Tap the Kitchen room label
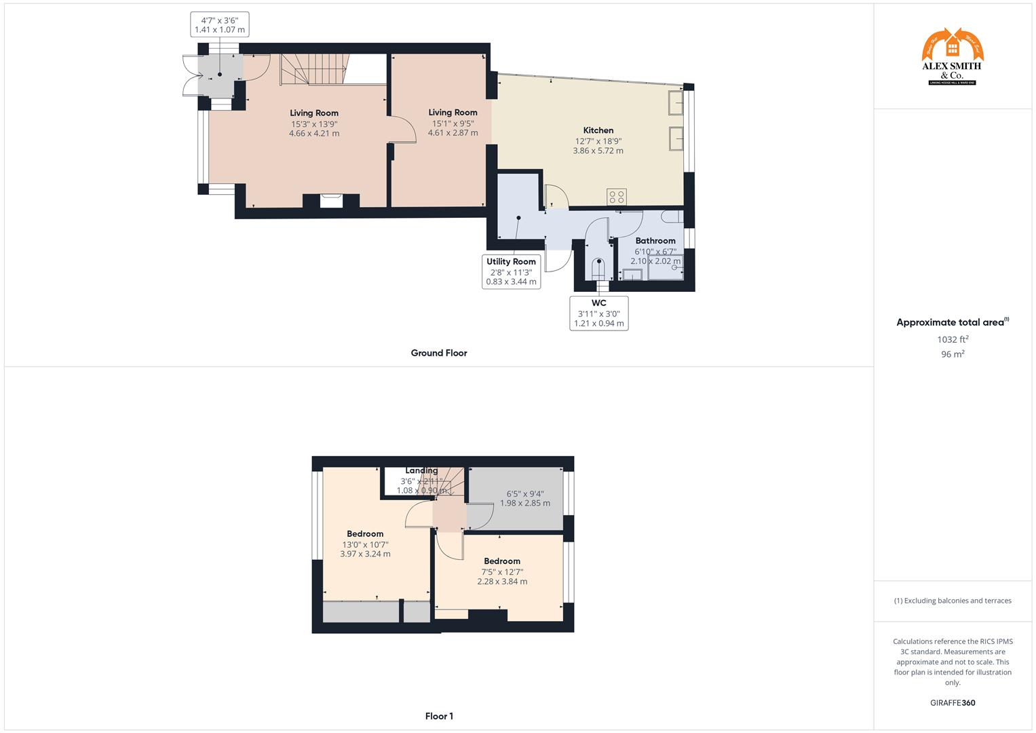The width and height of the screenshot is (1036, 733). tap(598, 130)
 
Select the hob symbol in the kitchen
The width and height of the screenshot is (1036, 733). tap(617, 197)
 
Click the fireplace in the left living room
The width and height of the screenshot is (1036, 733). tap(331, 200)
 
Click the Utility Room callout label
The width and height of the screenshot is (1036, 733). tap(511, 262)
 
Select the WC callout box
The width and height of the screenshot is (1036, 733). tap(598, 313)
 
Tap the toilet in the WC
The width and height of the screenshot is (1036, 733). tap(598, 268)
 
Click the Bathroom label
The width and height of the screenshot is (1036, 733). tap(655, 241)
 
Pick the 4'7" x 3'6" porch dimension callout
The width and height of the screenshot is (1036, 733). tap(219, 24)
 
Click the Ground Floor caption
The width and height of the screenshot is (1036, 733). tap(438, 353)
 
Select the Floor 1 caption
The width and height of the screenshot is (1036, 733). tap(438, 716)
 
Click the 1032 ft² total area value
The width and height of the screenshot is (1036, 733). tap(953, 339)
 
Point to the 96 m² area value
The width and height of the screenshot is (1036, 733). tap(953, 354)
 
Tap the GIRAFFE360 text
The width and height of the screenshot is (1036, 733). tap(952, 702)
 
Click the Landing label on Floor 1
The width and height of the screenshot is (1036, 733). tap(421, 470)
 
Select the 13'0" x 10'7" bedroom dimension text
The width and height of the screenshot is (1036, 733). tap(365, 544)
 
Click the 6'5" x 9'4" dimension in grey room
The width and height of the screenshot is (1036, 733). tap(524, 494)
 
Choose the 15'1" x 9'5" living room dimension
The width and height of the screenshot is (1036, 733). tap(453, 124)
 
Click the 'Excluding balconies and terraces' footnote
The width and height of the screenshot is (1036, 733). tap(952, 601)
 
